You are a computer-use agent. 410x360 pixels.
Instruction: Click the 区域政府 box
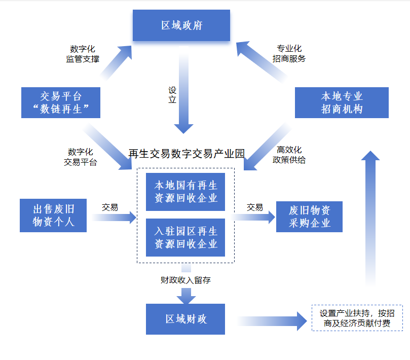click(181, 25)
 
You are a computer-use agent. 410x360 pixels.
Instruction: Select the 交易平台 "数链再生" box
click(61, 102)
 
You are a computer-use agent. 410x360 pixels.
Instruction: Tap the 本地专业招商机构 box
click(342, 102)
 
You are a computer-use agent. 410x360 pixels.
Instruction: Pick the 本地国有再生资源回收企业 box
click(185, 191)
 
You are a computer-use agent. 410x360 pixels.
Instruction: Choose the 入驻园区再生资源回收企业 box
click(185, 237)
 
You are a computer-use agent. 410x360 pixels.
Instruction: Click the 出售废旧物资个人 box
click(53, 215)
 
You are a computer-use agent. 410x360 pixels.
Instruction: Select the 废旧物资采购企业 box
click(309, 217)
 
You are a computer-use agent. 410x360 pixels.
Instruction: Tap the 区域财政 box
click(185, 319)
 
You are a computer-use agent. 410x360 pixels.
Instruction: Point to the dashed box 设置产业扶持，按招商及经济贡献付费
click(357, 318)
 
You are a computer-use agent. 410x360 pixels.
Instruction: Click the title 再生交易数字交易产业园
click(187, 153)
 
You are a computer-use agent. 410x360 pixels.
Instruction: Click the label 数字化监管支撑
click(83, 54)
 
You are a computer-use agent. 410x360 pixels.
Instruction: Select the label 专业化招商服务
click(289, 53)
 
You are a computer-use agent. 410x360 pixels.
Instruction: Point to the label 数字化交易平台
click(81, 157)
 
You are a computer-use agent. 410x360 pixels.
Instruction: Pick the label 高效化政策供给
click(289, 155)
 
